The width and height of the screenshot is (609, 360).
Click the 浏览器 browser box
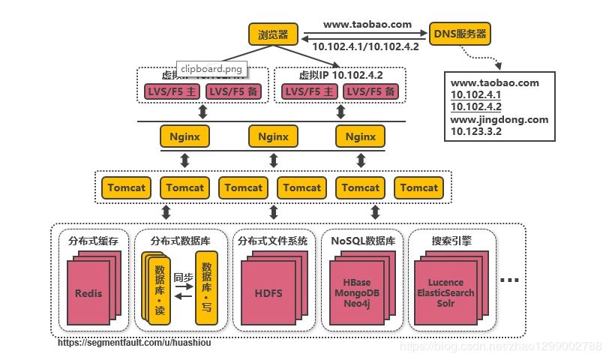[x=273, y=34]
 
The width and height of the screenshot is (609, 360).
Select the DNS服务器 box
[x=460, y=34]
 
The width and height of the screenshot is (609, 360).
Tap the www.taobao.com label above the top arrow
[x=367, y=24]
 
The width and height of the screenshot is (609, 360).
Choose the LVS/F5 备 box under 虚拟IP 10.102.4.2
[x=370, y=91]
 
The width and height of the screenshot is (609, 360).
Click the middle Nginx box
[x=273, y=136]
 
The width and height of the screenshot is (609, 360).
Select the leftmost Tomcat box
[x=127, y=188]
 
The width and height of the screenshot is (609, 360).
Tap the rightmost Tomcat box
[x=418, y=188]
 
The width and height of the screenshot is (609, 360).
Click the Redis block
[x=88, y=293]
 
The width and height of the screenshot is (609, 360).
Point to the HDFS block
[x=268, y=293]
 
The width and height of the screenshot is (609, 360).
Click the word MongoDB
[x=356, y=292]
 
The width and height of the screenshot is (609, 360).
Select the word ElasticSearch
[x=445, y=292]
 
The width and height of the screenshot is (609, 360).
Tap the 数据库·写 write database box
[x=206, y=288]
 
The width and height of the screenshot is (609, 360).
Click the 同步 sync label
[x=184, y=277]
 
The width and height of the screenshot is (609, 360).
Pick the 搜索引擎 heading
[x=452, y=241]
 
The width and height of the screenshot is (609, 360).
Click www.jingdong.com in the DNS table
[x=499, y=119]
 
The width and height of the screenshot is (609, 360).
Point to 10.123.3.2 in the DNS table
[x=475, y=131]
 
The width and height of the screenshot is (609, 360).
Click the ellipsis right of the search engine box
[x=509, y=281]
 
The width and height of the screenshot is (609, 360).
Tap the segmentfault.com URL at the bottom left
[x=134, y=343]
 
